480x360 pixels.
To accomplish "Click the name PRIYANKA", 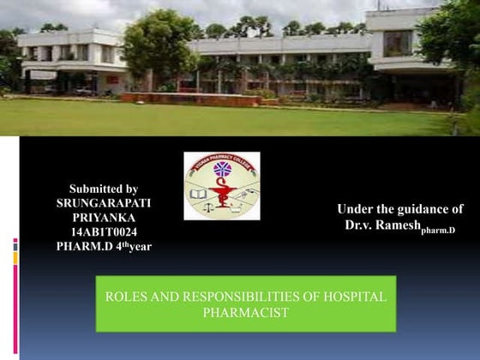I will [x=103, y=218].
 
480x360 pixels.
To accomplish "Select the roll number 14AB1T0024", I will [x=103, y=232].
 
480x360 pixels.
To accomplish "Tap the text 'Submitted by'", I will [x=103, y=189].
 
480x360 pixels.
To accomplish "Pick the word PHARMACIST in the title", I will [x=245, y=312].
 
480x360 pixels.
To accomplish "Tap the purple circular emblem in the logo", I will [x=222, y=169].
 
